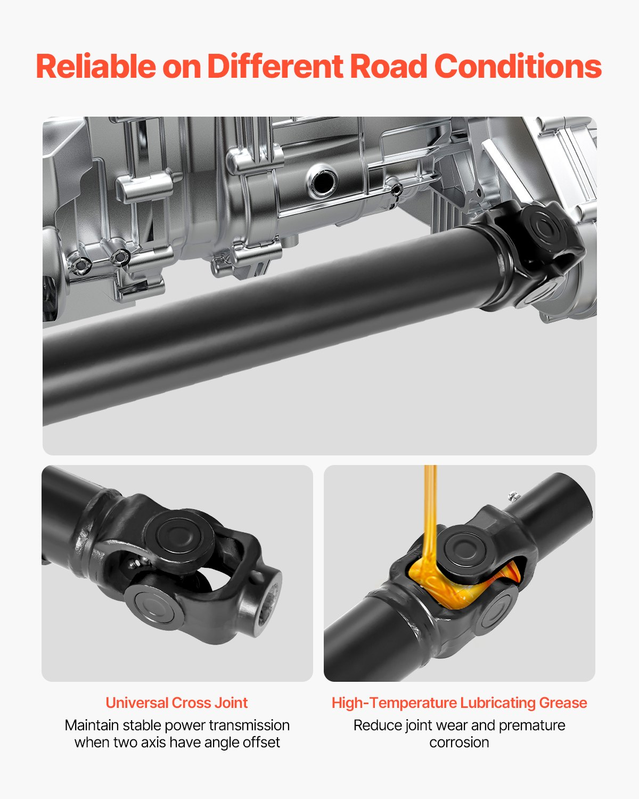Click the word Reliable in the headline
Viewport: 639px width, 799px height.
(95, 67)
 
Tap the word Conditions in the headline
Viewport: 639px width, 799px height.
(518, 67)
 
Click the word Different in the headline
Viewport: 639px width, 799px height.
(274, 67)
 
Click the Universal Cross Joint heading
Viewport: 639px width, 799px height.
(176, 703)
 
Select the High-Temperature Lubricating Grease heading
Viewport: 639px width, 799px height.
(459, 703)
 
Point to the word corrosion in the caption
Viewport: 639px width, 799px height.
(459, 742)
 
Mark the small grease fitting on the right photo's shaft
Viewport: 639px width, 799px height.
(513, 496)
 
